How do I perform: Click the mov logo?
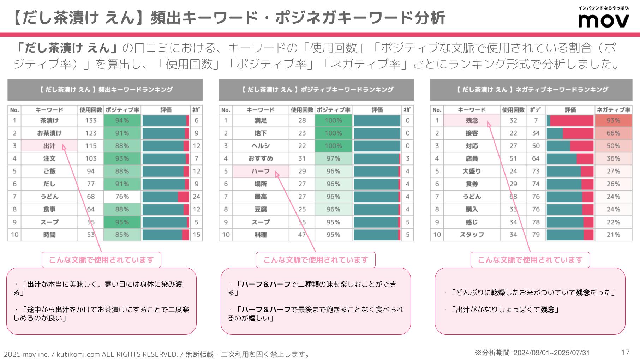[x=604, y=20]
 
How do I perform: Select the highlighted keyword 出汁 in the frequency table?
[x=49, y=146]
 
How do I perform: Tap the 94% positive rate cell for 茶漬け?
[x=122, y=120]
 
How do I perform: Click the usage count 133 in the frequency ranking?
[x=91, y=120]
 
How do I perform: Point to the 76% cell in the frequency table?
[x=122, y=197]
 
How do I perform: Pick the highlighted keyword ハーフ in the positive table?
[x=261, y=171]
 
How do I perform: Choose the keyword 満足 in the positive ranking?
[x=261, y=120]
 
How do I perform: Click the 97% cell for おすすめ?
[x=333, y=158]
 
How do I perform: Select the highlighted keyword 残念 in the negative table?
[x=472, y=120]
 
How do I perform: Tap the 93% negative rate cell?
[x=613, y=120]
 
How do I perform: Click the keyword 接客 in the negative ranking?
[x=472, y=133]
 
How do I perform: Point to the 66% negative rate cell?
[x=613, y=133]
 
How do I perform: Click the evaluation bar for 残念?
[x=570, y=120]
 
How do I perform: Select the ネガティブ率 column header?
[x=613, y=110]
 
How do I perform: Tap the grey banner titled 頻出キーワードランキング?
[x=105, y=90]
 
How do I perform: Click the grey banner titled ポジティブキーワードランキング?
[x=316, y=90]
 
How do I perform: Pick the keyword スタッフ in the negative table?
[x=472, y=235]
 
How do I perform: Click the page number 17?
[x=625, y=352]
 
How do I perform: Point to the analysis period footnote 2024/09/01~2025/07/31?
[x=532, y=353]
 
